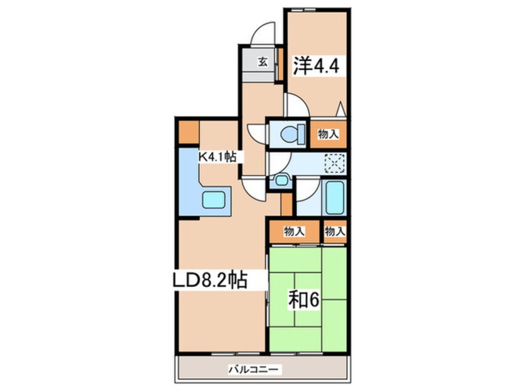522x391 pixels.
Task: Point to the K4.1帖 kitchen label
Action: (217, 157)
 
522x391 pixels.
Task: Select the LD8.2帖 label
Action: (209, 281)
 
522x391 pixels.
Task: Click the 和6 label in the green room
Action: (304, 300)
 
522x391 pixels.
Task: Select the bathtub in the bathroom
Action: (334, 198)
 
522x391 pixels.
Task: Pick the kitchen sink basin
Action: (215, 200)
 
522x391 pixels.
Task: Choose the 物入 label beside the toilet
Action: (328, 133)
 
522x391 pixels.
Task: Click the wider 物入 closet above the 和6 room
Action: (294, 232)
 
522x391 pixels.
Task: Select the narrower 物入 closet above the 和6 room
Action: (334, 232)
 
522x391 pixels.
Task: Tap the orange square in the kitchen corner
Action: (188, 132)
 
